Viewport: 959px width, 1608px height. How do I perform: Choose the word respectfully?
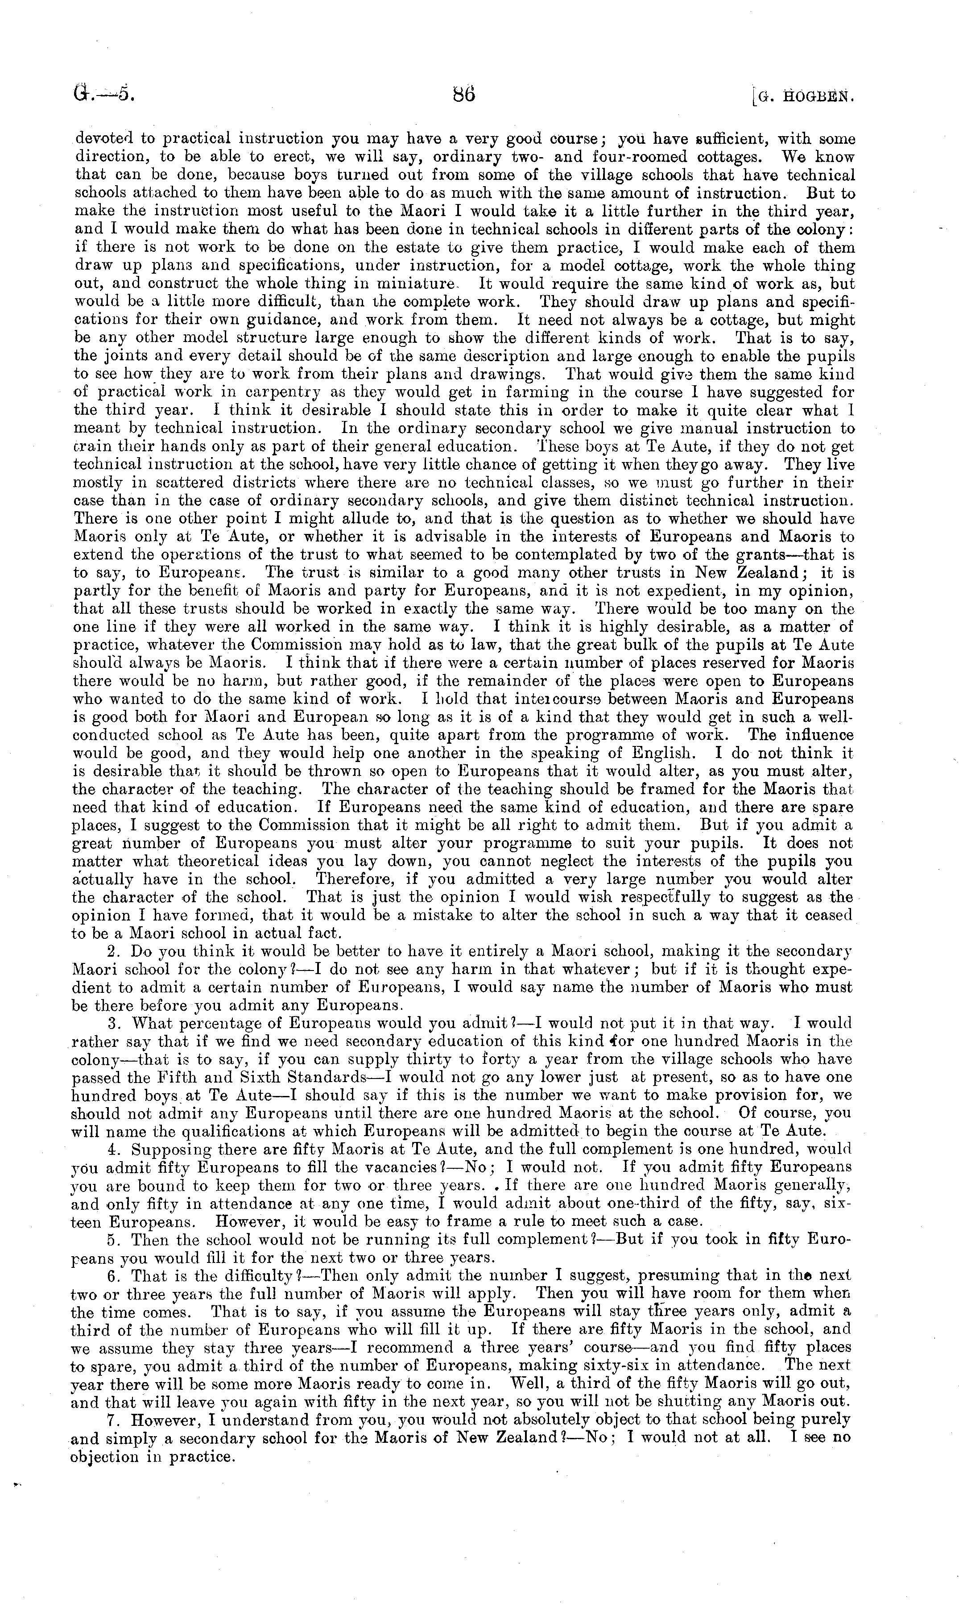[668, 897]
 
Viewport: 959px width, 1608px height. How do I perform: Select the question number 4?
[115, 1150]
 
